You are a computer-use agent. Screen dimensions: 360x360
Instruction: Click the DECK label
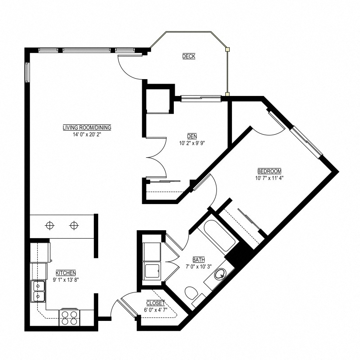click(188, 56)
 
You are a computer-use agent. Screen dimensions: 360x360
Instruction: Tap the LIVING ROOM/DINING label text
click(87, 128)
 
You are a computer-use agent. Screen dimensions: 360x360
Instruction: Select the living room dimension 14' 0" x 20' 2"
click(87, 134)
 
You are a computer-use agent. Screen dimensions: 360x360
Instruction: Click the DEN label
click(192, 136)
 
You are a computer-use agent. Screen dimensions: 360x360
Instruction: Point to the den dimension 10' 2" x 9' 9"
click(192, 143)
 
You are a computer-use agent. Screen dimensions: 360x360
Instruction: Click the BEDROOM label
click(269, 171)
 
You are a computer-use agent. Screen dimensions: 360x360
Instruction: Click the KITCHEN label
click(66, 272)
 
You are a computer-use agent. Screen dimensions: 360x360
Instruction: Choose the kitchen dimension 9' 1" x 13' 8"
click(66, 279)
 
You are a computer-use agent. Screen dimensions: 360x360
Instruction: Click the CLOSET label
click(156, 303)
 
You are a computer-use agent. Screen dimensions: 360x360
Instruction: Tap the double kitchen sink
click(38, 291)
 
